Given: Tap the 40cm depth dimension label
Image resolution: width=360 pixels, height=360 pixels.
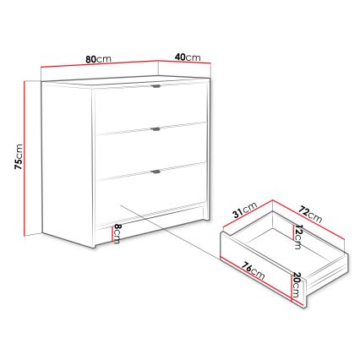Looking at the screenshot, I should point(187,57).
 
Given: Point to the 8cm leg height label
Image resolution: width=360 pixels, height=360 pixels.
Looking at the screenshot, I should point(117,234).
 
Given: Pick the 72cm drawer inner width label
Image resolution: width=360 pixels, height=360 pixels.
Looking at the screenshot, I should point(311,213).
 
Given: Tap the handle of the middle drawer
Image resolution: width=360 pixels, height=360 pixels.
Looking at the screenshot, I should point(156,129).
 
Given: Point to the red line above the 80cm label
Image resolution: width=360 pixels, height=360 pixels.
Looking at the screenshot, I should point(98,67).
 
